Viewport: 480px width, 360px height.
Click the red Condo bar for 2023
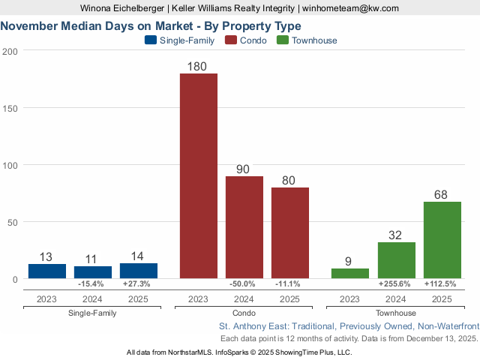point(199,175)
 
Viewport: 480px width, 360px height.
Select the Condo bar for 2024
point(244,227)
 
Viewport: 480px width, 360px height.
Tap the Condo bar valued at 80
point(290,232)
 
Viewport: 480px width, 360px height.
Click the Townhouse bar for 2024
point(396,260)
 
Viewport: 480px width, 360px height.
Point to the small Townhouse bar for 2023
point(350,274)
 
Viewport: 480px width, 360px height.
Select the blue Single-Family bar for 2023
point(47,271)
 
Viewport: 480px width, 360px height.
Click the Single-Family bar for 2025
point(139,271)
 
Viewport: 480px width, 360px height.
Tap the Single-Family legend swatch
point(150,40)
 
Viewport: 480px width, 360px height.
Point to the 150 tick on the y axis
point(10,108)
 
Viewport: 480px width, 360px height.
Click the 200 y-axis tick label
point(10,51)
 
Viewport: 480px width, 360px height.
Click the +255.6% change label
point(396,284)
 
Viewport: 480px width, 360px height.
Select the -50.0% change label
point(244,284)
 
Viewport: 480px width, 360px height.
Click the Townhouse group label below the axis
point(396,313)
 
